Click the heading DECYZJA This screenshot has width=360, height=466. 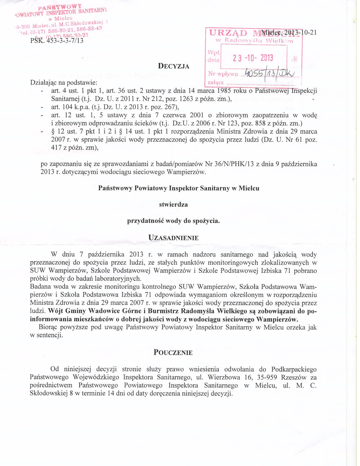pyautogui.click(x=174, y=66)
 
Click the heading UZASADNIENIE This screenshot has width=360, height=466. pyautogui.click(x=174, y=238)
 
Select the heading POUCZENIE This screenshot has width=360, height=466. pyautogui.click(x=173, y=352)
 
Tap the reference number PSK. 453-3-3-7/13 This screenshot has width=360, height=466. pyautogui.click(x=57, y=40)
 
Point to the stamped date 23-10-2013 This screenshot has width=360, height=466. pyautogui.click(x=253, y=58)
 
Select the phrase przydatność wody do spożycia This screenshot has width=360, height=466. pyautogui.click(x=174, y=221)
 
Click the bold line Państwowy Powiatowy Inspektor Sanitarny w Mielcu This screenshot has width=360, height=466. pyautogui.click(x=179, y=188)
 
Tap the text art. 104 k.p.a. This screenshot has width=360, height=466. pyautogui.click(x=67, y=107)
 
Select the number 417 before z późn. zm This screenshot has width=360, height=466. pyautogui.click(x=56, y=147)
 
